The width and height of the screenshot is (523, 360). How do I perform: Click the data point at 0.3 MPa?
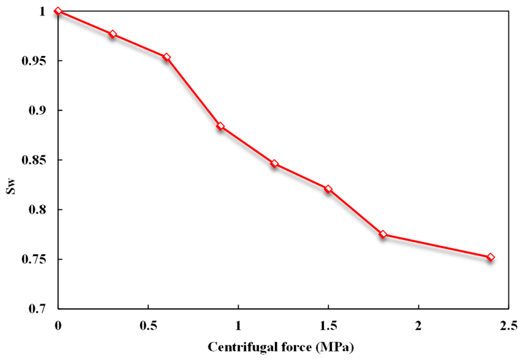click(112, 34)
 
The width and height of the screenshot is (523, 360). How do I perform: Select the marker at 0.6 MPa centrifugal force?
click(166, 57)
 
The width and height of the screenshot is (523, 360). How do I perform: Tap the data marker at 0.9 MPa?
click(220, 126)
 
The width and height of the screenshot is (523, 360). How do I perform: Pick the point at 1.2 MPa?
click(274, 163)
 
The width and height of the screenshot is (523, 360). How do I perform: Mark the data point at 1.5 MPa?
click(328, 189)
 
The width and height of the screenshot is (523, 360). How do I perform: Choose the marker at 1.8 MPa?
click(382, 235)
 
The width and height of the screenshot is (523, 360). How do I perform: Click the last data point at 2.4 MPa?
click(490, 257)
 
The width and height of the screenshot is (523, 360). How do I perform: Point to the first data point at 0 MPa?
click(58, 11)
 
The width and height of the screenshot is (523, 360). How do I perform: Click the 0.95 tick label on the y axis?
click(33, 61)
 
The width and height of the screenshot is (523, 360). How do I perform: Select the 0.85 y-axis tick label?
click(33, 160)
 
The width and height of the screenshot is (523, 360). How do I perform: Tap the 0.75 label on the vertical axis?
click(33, 259)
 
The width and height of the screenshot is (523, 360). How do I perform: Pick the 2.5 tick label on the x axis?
click(508, 326)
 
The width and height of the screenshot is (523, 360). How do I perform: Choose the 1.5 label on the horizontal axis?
click(328, 326)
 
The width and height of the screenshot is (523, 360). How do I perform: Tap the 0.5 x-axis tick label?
click(148, 326)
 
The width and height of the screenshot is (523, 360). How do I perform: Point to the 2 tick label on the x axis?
click(418, 326)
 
